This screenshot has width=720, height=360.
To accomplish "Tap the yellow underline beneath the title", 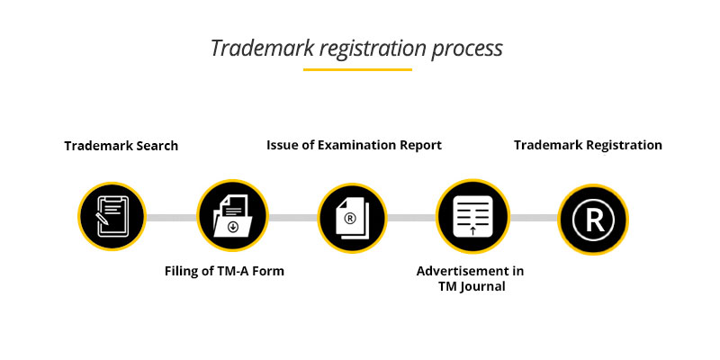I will coord(357,69).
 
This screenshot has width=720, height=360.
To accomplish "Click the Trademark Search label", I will coord(121,146).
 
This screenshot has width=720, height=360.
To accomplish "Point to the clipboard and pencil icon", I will coord(111,217).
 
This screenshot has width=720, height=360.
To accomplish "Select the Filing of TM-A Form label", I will coord(224,271).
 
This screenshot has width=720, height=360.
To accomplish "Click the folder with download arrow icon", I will coord(231,217).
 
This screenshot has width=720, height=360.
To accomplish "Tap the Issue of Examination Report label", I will coord(354,145).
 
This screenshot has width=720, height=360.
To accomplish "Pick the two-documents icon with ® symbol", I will coord(351,217).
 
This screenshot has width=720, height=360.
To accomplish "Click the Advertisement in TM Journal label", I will coord(470,279).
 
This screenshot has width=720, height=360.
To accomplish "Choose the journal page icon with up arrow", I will coord(472,217).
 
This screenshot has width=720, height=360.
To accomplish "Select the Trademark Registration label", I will coord(588,145).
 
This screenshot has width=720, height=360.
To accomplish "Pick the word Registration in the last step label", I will coord(621,145).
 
